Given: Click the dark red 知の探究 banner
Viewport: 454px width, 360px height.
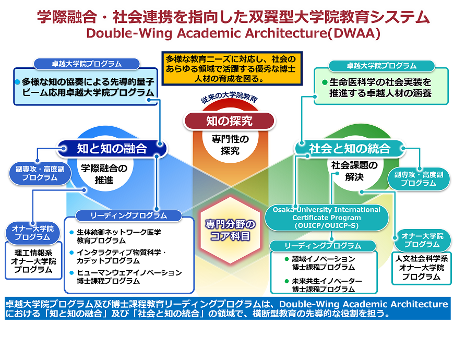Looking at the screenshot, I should [x=229, y=121].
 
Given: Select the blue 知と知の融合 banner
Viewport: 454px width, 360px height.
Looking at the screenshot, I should [x=112, y=149].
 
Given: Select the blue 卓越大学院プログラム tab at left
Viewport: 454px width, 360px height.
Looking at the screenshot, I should [x=87, y=64].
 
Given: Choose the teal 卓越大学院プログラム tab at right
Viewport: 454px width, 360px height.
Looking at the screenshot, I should [x=381, y=66].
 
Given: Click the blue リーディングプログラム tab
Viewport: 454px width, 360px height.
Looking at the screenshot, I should [x=128, y=215].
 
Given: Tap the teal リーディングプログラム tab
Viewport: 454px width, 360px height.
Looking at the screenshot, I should [x=322, y=245].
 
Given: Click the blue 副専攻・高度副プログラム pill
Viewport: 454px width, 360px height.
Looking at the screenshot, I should [x=40, y=173].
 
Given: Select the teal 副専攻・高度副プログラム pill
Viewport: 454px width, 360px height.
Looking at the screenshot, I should [x=419, y=178].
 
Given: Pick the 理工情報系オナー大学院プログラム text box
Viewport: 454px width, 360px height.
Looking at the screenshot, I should [x=33, y=261].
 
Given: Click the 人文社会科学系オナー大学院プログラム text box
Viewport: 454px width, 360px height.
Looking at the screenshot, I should [x=423, y=267].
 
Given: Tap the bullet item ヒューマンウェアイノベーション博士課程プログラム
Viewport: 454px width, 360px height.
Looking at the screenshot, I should [x=129, y=277].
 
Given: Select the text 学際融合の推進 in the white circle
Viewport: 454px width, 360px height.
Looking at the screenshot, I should [x=104, y=174].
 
